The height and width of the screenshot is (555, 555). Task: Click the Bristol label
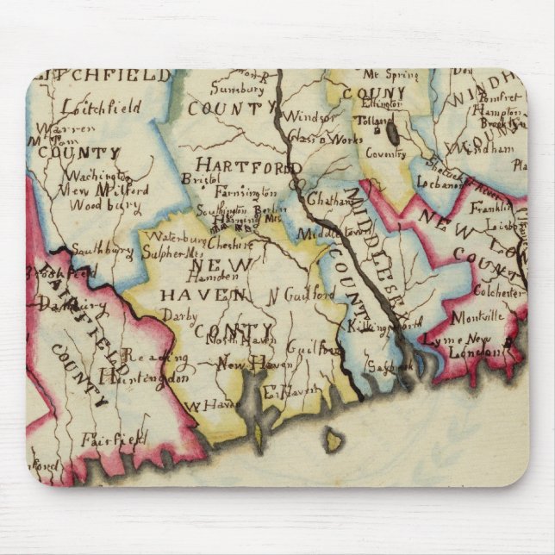point(201,178)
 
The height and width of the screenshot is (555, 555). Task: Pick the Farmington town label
point(246,191)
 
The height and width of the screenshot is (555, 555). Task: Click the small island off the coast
point(334,441)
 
